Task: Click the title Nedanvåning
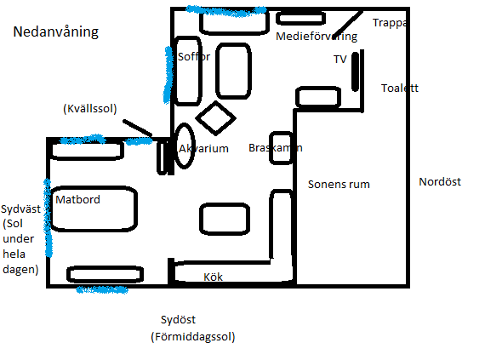(x=55, y=31)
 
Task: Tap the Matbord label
(x=77, y=199)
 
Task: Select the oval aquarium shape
(x=185, y=146)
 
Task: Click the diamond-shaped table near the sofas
(x=215, y=117)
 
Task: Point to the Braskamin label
(x=276, y=148)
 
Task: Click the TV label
(x=340, y=59)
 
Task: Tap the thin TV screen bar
(x=356, y=71)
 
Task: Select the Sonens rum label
(x=339, y=185)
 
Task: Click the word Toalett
(x=400, y=89)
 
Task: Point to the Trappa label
(x=390, y=23)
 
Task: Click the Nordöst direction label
(x=440, y=181)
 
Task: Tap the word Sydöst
(x=178, y=319)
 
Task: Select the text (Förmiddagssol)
(x=193, y=336)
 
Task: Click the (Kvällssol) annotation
(x=90, y=109)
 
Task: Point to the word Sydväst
(x=20, y=209)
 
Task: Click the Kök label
(x=213, y=277)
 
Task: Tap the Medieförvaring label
(x=317, y=37)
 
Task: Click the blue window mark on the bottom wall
(x=102, y=290)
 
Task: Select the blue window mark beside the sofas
(x=168, y=75)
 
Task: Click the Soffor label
(x=194, y=57)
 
